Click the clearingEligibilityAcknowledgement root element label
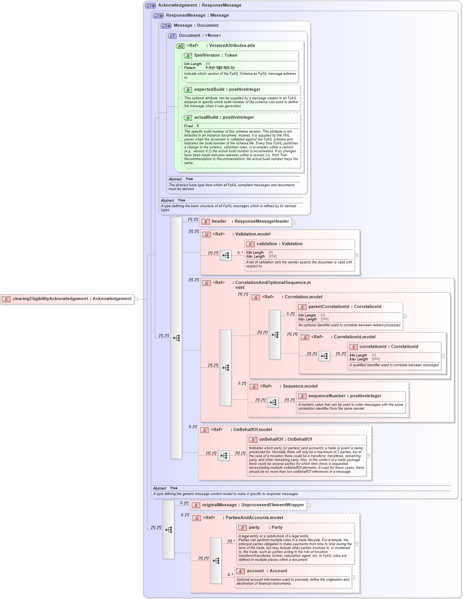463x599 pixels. (72, 299)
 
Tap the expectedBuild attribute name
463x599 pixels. (209, 90)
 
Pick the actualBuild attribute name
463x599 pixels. (206, 118)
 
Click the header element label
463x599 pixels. (219, 222)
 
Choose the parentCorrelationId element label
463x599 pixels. (329, 307)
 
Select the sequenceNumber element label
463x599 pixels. (327, 396)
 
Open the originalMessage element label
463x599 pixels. (219, 505)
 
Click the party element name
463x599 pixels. (254, 528)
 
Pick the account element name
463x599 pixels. (255, 571)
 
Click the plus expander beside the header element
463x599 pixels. (293, 222)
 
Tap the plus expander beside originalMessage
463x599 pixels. (308, 506)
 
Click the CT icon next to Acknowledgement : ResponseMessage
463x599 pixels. (151, 6)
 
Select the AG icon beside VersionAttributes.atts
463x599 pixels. (180, 46)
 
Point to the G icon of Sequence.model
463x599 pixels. (254, 387)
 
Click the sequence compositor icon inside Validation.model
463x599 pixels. (225, 255)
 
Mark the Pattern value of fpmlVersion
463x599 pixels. (220, 68)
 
